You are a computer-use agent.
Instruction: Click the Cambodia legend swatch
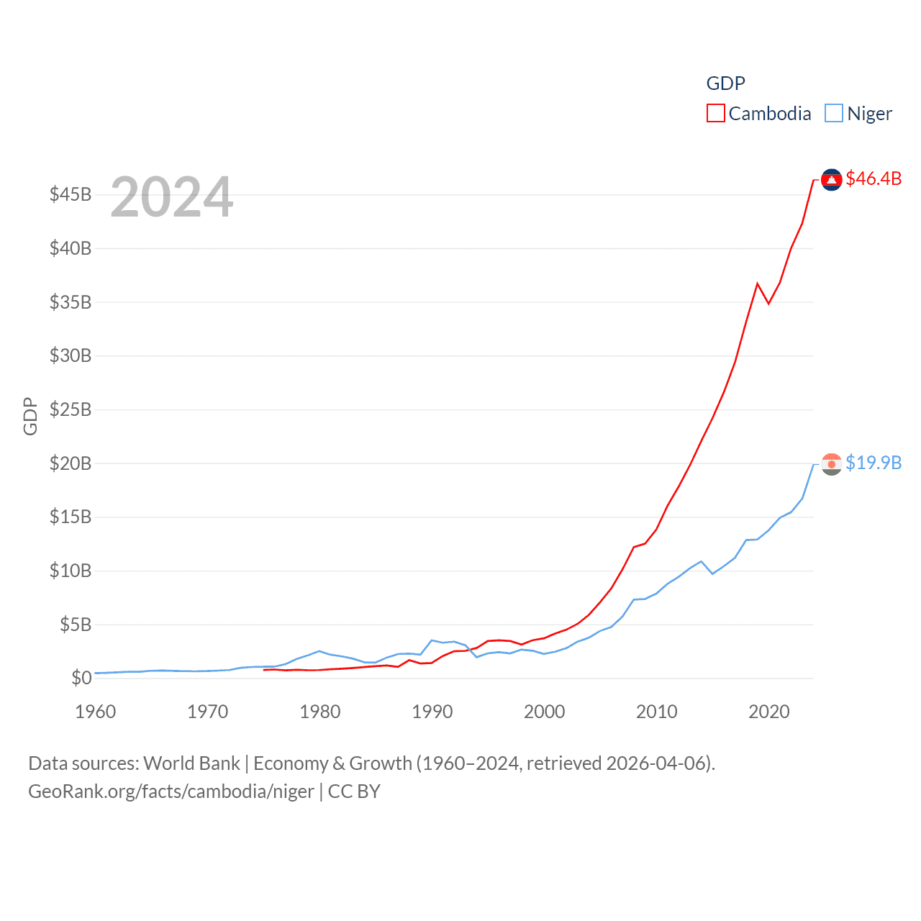tap(715, 114)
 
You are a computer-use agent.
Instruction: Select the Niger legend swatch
tap(833, 114)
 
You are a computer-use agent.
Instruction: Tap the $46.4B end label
tap(874, 178)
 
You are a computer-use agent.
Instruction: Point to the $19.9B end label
tap(874, 463)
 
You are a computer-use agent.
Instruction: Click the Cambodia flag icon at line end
tap(831, 179)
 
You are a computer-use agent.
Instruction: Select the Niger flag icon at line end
tap(831, 464)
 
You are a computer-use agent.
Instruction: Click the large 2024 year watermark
tap(172, 196)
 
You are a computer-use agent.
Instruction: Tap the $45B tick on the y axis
tap(71, 195)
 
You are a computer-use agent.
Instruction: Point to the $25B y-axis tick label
tap(71, 409)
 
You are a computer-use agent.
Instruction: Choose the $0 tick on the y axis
tap(81, 678)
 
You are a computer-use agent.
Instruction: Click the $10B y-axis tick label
tap(71, 571)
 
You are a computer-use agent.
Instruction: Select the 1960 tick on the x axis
tap(96, 712)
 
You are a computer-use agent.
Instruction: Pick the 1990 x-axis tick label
tap(432, 712)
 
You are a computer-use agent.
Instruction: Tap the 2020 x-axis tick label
tap(769, 712)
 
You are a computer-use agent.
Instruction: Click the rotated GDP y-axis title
tap(30, 416)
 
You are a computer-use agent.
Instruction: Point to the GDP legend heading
tap(725, 83)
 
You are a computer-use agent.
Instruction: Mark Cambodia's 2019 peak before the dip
tap(758, 283)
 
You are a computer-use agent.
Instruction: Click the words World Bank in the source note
tap(191, 763)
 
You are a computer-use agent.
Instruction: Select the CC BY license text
tap(354, 791)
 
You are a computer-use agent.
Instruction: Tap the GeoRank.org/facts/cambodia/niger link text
tap(171, 791)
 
